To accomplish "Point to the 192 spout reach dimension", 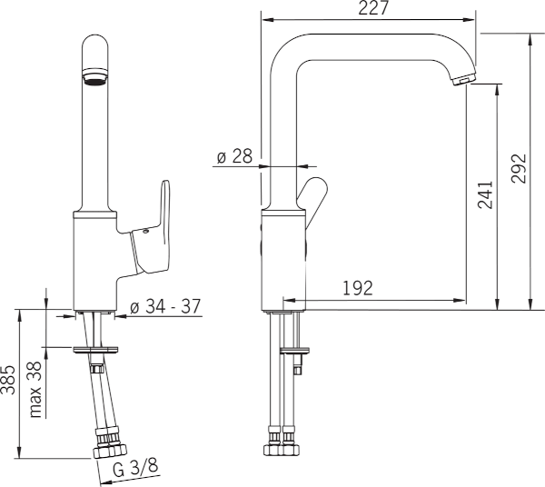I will point(360,288).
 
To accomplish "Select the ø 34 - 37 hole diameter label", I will point(164,306).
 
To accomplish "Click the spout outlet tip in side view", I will point(461,81).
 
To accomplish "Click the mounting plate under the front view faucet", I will point(95,348).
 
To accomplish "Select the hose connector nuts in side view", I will point(282,449).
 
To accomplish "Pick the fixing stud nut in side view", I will point(298,368).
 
